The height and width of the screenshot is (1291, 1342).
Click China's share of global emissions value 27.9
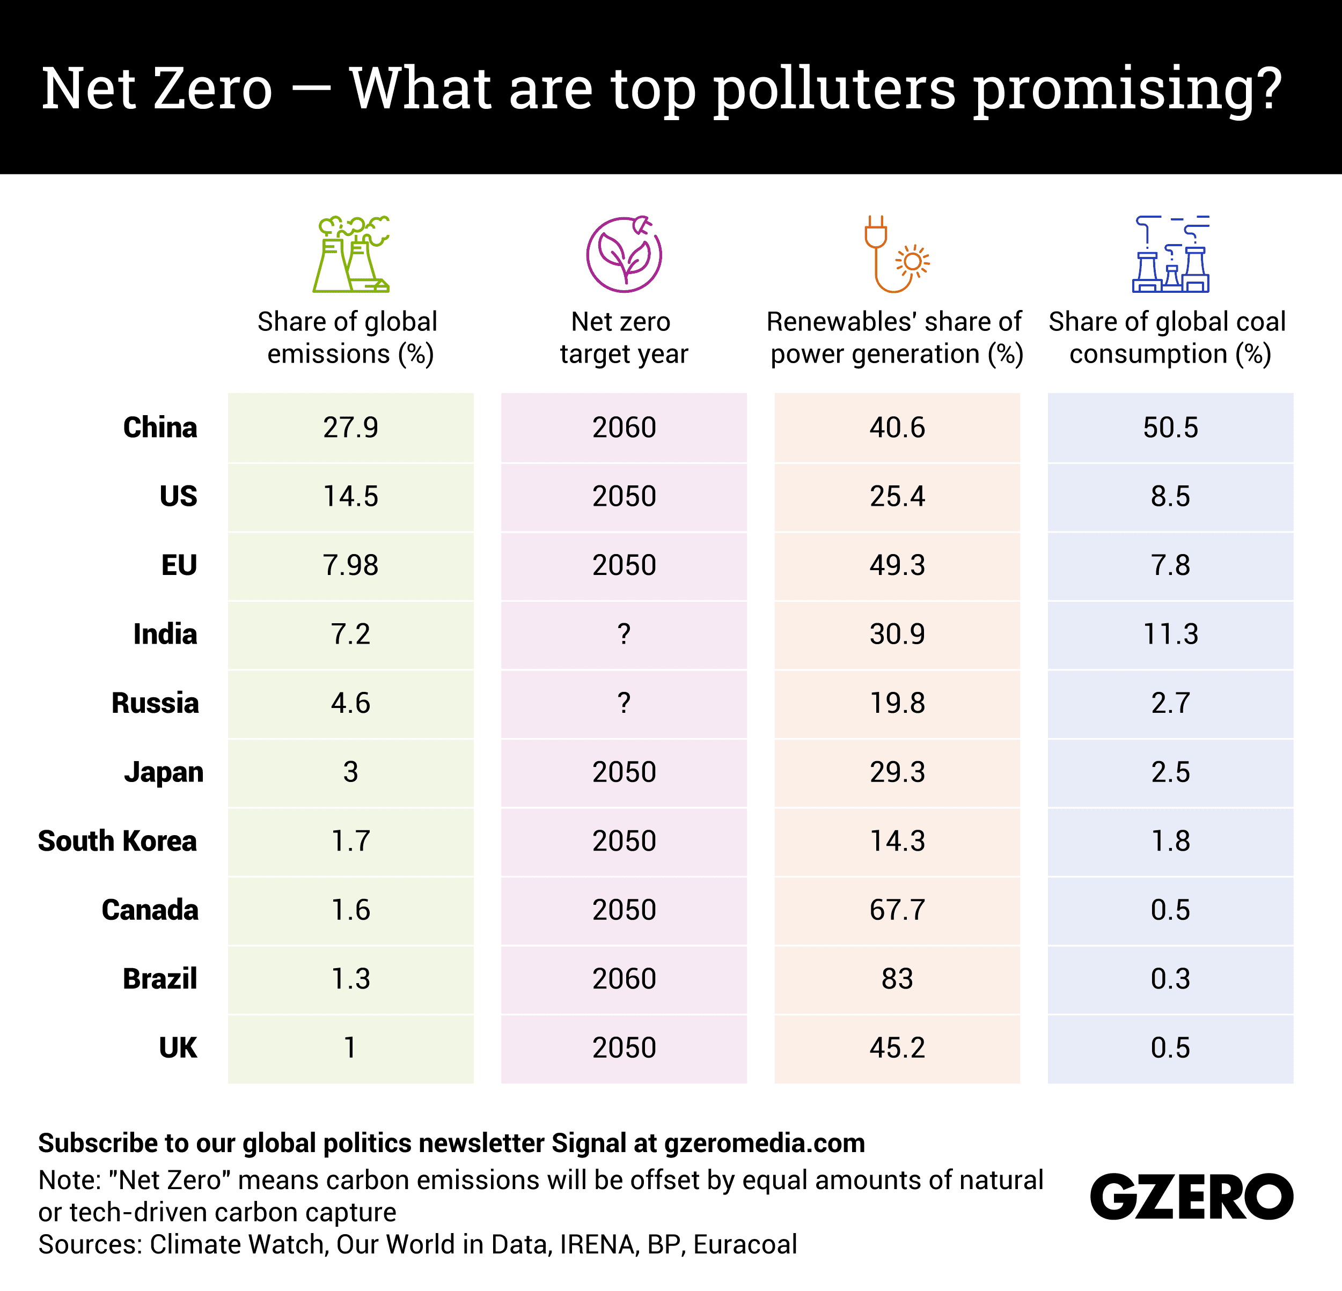pos(350,428)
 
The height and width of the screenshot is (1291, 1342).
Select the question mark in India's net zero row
pos(624,635)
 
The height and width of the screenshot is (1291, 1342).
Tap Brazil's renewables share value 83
pos(897,979)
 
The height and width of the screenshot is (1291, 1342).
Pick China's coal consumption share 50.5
pos(1170,428)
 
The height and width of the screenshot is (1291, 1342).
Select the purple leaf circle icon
pos(624,255)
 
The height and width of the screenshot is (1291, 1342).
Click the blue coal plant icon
pos(1170,255)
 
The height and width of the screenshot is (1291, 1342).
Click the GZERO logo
pos(1191,1197)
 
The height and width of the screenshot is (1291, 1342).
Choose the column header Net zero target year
pos(623,338)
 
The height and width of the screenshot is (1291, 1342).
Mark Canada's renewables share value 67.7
pos(897,910)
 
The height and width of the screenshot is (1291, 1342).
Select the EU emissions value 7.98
pos(350,565)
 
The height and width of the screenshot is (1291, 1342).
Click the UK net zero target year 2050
pos(624,1048)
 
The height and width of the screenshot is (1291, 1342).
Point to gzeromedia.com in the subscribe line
pos(764,1143)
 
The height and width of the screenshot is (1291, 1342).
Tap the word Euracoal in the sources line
pos(745,1244)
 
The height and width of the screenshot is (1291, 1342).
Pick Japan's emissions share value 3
pos(350,772)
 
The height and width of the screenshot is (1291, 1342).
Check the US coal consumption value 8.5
pos(1170,496)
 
